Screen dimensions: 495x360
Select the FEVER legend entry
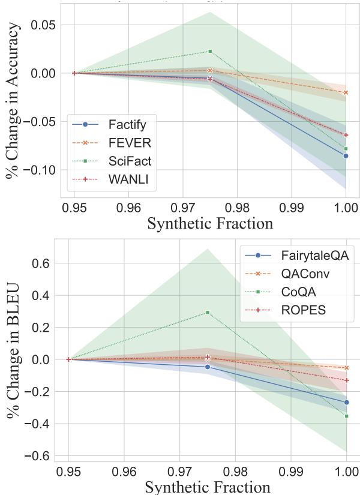[128, 142]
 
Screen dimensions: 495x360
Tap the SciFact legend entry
[130, 161]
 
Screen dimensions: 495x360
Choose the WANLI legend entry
[128, 179]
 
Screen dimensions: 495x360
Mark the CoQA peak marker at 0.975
[208, 312]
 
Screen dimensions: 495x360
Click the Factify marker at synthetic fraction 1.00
[346, 156]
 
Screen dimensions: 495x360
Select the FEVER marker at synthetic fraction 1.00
[346, 92]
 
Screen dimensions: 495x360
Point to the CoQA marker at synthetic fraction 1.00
[347, 416]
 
